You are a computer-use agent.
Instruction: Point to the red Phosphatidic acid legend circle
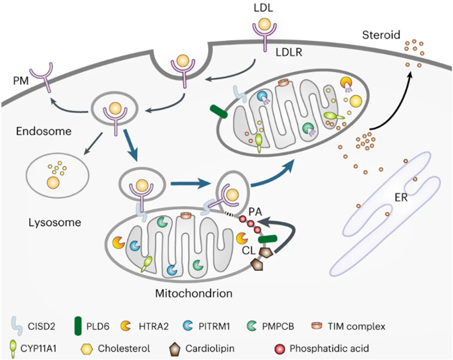point(280,347)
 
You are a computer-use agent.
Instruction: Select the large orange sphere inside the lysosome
point(52,183)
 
